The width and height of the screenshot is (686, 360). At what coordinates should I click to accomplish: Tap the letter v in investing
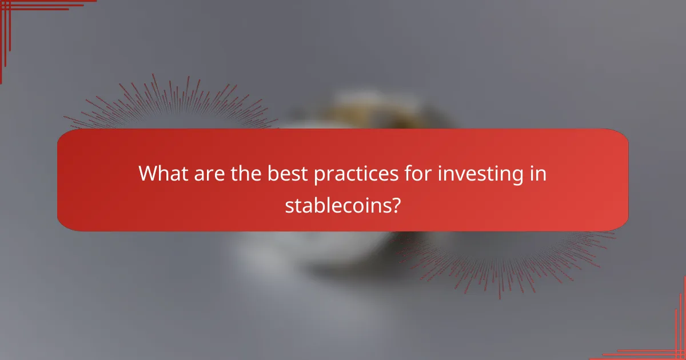pos(459,174)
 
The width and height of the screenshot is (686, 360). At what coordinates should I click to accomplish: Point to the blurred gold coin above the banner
pos(366,109)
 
